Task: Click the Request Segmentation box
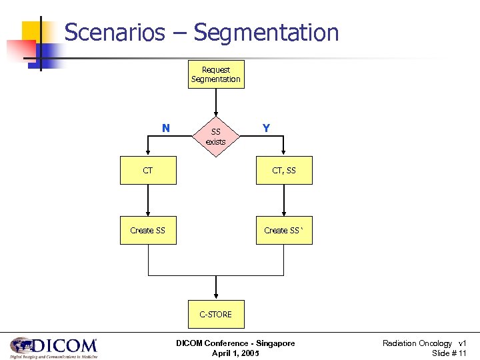(215, 74)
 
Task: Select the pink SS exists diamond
(215, 137)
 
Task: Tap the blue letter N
(165, 128)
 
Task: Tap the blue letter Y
(266, 128)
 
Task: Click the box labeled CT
(148, 171)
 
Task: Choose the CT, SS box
(284, 171)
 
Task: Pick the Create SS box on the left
(148, 230)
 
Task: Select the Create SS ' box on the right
(284, 230)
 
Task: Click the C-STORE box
(215, 314)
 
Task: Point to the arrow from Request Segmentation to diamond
(215, 103)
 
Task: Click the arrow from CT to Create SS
(148, 200)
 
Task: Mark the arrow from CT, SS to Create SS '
(284, 200)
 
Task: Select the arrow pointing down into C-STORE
(215, 288)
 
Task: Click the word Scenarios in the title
(114, 32)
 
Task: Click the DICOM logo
(53, 347)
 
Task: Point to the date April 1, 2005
(235, 353)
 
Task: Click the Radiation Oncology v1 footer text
(424, 343)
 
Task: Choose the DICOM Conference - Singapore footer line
(235, 343)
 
